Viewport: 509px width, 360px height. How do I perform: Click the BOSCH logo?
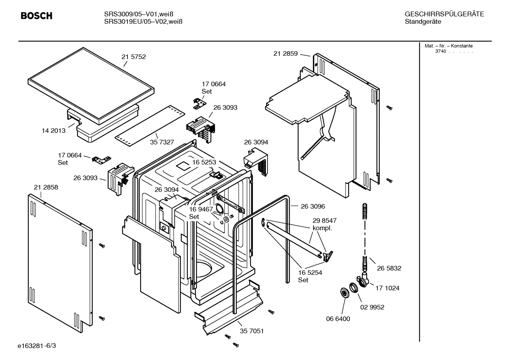click(x=36, y=16)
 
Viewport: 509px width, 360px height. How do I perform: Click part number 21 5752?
click(x=133, y=57)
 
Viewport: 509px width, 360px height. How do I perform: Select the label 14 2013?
click(x=54, y=131)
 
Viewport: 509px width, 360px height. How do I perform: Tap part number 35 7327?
click(x=162, y=142)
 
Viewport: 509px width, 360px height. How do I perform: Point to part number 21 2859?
click(x=285, y=54)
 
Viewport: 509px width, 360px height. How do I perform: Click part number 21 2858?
click(x=46, y=187)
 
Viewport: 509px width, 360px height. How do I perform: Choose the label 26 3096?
click(x=313, y=206)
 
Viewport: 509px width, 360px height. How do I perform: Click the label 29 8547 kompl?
click(x=324, y=224)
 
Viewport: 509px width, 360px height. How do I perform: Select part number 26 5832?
click(x=389, y=268)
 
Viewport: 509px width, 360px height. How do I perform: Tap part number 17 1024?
click(x=387, y=288)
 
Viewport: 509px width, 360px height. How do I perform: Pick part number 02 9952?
click(x=372, y=307)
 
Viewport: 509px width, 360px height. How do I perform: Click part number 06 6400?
click(x=338, y=319)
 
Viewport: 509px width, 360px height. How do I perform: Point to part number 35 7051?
click(x=252, y=331)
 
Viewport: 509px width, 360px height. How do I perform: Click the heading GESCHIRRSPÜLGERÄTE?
click(x=444, y=14)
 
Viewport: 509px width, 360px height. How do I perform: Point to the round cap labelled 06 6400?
click(x=343, y=293)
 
